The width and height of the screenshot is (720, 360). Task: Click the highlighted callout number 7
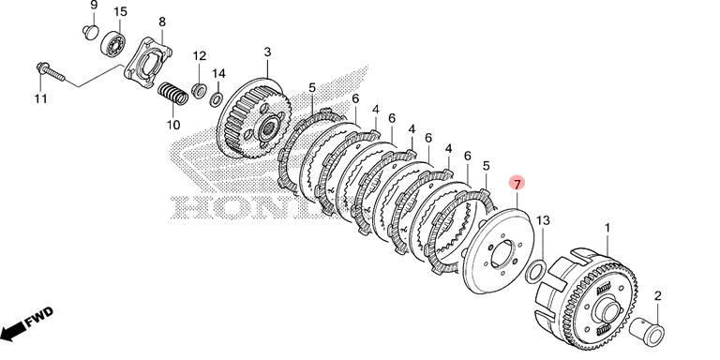point(517,184)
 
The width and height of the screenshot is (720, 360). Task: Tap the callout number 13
point(543,221)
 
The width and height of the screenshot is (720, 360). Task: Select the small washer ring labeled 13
point(535,271)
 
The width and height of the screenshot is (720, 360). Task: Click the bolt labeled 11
point(51,72)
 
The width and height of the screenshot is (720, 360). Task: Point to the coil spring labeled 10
point(173,93)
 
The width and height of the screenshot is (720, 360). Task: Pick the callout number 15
point(120,11)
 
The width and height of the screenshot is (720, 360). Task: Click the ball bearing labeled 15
point(112,42)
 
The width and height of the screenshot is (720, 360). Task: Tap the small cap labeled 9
point(90,32)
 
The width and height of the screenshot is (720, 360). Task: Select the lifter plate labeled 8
point(148,62)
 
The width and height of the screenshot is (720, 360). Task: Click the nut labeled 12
point(199,90)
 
